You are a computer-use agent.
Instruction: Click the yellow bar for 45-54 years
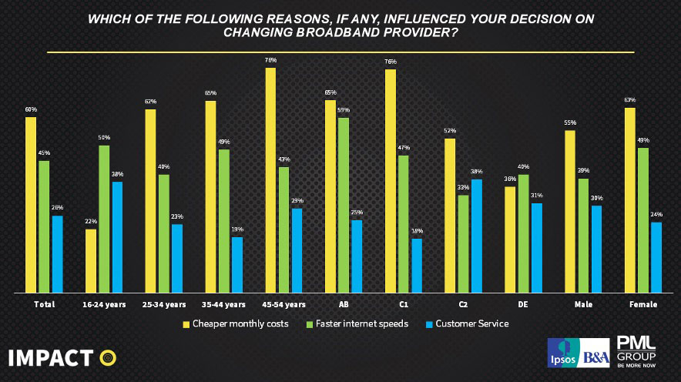(x=270, y=180)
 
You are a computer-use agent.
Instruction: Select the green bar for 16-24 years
(x=104, y=219)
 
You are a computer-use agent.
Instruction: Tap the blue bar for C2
(x=477, y=236)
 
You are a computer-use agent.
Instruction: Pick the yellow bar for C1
(x=391, y=181)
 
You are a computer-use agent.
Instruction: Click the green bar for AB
(x=344, y=205)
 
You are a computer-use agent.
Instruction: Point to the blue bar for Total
(x=57, y=254)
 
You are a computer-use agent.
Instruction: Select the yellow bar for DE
(x=510, y=240)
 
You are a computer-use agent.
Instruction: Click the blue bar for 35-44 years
(x=237, y=265)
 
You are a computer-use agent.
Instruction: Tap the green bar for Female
(x=643, y=220)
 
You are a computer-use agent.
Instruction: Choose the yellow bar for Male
(x=570, y=212)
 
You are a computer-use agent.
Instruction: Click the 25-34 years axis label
(x=164, y=305)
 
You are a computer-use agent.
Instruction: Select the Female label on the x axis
(x=643, y=305)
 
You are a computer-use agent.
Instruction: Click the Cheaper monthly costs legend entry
(x=236, y=324)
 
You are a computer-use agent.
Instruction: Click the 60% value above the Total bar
(x=31, y=110)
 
